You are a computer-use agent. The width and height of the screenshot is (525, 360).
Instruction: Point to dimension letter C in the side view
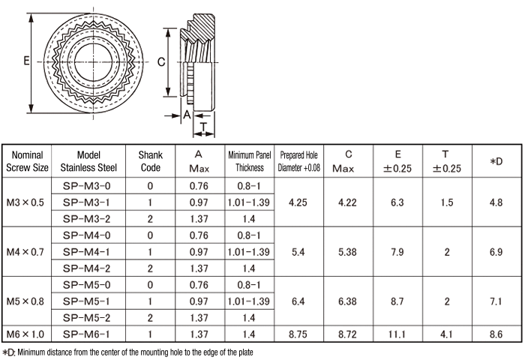point(161,63)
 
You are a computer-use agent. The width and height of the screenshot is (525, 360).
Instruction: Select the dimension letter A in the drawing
point(186,114)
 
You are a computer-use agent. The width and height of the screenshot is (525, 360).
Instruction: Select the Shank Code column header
point(150,161)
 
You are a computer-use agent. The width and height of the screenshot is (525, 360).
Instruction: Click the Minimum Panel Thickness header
point(248,161)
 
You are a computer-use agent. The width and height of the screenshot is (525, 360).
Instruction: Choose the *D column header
point(495,161)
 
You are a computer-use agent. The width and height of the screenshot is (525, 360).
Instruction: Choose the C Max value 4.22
point(347,202)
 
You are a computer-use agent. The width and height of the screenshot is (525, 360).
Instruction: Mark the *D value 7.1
point(495,300)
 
